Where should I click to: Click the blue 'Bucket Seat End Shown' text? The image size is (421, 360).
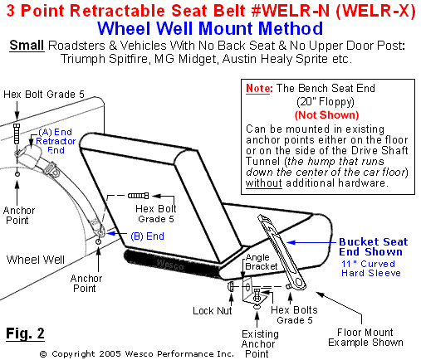click(372, 247)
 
